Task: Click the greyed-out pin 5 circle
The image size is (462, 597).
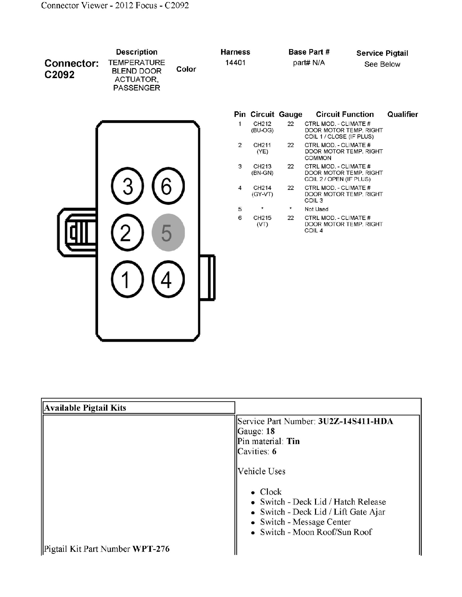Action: pos(168,232)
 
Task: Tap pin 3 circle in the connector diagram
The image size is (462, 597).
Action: pos(128,186)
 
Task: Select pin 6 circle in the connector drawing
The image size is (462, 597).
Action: pos(168,186)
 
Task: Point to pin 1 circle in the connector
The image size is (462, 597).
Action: pos(128,279)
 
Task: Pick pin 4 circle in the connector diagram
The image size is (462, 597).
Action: pos(168,279)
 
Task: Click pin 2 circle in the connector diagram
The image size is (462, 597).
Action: pos(128,232)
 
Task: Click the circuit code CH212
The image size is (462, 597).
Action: pos(262,124)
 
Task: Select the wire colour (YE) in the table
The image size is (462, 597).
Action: pos(262,151)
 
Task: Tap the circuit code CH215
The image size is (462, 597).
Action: pos(262,218)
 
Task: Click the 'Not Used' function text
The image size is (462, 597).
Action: pos(316,209)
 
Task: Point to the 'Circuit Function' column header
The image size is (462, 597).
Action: pos(345,114)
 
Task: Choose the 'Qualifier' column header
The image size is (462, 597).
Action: pos(402,114)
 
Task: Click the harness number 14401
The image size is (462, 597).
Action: pos(235,63)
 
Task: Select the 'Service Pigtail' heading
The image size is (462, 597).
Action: pos(382,53)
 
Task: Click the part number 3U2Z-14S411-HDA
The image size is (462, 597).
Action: pos(355,421)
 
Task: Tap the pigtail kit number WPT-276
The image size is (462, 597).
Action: pos(151,549)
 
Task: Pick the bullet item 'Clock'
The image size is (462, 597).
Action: pos(271,492)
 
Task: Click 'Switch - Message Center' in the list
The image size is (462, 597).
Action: pos(305,522)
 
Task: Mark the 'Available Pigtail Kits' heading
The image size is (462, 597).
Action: pos(85,408)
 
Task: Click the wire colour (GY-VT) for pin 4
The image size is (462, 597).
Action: pos(262,194)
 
